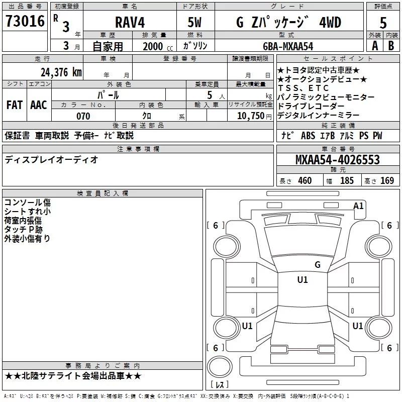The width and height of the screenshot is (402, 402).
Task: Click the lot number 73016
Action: [x=25, y=22]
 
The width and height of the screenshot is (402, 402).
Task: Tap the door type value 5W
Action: [x=194, y=23]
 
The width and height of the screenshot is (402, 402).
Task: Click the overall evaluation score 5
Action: [x=383, y=23]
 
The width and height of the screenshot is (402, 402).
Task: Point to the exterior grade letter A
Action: [x=374, y=45]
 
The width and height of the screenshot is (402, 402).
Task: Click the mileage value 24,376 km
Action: [x=60, y=72]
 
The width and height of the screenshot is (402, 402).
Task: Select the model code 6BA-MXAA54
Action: [x=288, y=46]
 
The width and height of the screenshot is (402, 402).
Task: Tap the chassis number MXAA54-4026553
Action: [x=337, y=160]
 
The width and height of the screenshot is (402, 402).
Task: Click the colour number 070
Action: [x=83, y=116]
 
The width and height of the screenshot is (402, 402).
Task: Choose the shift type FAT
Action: [x=14, y=105]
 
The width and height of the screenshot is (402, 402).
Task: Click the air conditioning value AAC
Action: [x=39, y=105]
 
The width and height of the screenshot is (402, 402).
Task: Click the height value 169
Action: [x=387, y=181]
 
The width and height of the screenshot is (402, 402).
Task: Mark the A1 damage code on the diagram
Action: [x=358, y=206]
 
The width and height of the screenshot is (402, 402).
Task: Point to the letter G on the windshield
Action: [x=317, y=265]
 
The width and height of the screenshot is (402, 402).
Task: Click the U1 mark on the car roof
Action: [x=303, y=280]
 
